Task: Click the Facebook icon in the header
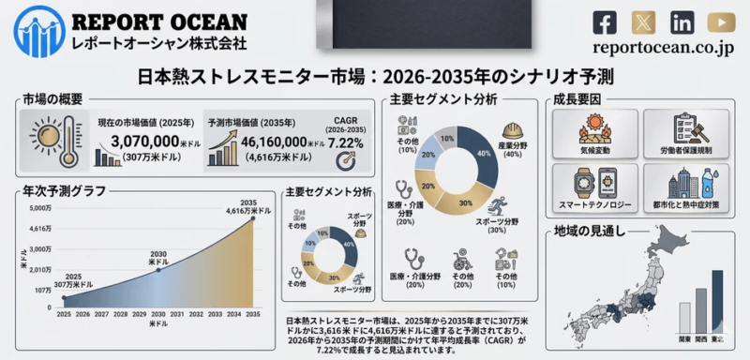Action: coord(607,21)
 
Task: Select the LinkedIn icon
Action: coord(682,21)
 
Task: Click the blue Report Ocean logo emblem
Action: coord(35,29)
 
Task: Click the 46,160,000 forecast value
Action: coord(268,141)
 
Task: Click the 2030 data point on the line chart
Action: coord(157,270)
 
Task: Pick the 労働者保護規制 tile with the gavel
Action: coord(694,134)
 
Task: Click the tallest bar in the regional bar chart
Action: coord(718,300)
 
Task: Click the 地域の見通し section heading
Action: coord(586,230)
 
